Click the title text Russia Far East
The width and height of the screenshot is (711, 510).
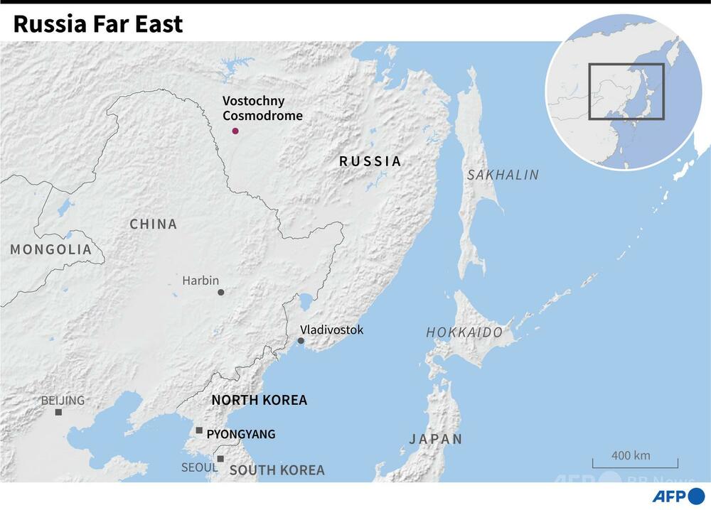pos(98,23)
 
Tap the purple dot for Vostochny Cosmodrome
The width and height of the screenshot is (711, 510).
pos(235,131)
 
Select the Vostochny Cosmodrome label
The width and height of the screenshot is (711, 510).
pos(262,109)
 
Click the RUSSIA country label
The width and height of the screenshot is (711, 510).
pos(370,161)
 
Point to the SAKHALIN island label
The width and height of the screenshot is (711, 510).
pos(503,175)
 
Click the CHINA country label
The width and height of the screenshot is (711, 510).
pos(154,224)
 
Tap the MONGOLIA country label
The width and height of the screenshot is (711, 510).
pos(51,249)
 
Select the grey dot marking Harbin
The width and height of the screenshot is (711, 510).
pos(221,292)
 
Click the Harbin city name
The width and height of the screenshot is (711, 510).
pos(201,280)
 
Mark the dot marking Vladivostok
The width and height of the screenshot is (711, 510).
pos(301,341)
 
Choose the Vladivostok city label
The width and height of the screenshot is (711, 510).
pos(331,330)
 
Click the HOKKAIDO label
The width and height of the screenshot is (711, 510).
pos(464,332)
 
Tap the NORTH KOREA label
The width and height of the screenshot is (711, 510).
pos(260,400)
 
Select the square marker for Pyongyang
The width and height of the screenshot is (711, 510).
pos(200,430)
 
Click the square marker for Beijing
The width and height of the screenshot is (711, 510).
pos(58,412)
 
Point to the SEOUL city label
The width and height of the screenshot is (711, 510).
pos(200,467)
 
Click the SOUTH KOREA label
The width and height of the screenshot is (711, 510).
pos(277,470)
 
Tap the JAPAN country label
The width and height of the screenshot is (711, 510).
pos(436,439)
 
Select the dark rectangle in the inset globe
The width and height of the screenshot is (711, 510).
pos(626,91)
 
